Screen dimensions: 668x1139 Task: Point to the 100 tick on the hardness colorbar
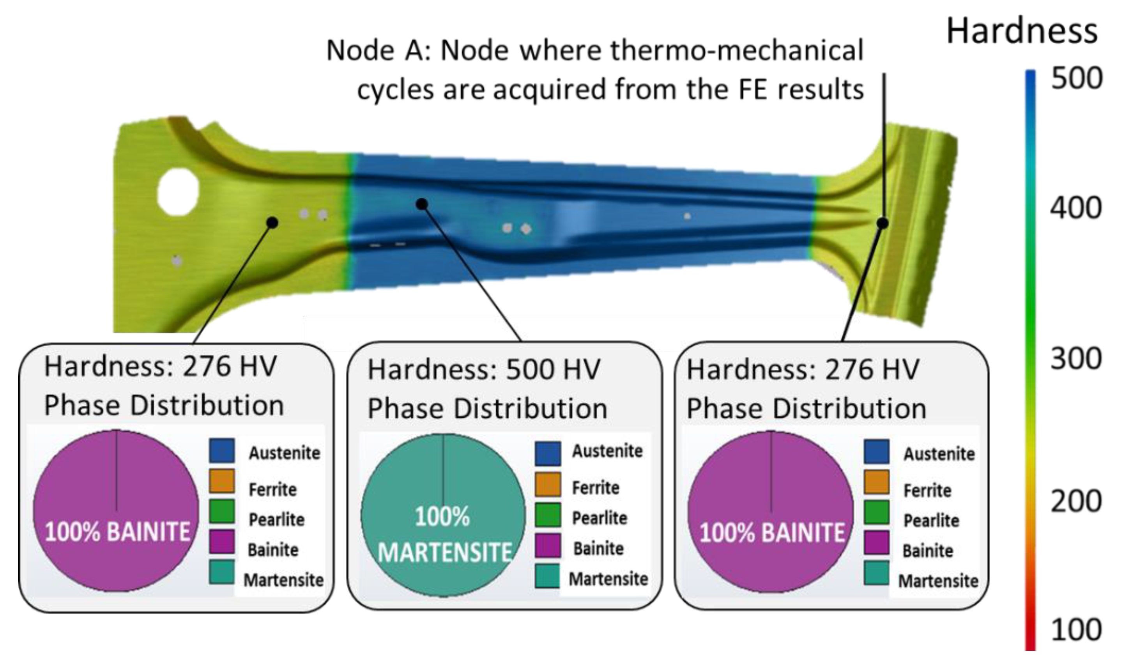click(1077, 629)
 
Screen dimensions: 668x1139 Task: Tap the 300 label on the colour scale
click(1076, 359)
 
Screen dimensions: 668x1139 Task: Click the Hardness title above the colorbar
click(1022, 32)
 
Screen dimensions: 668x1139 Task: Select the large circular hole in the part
click(178, 191)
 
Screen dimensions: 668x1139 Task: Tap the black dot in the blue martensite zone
click(422, 204)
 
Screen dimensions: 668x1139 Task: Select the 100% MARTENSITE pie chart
click(443, 515)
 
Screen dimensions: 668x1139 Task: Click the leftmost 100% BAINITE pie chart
click(116, 511)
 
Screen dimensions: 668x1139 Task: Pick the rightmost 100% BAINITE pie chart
click(771, 512)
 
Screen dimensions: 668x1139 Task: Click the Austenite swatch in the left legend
click(222, 450)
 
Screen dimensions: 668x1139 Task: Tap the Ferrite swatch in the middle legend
click(548, 485)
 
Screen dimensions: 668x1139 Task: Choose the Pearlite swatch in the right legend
click(877, 512)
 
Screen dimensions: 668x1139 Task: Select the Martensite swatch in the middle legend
click(548, 576)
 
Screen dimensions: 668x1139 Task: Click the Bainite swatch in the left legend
click(222, 541)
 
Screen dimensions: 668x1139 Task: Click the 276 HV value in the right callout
click(872, 370)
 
